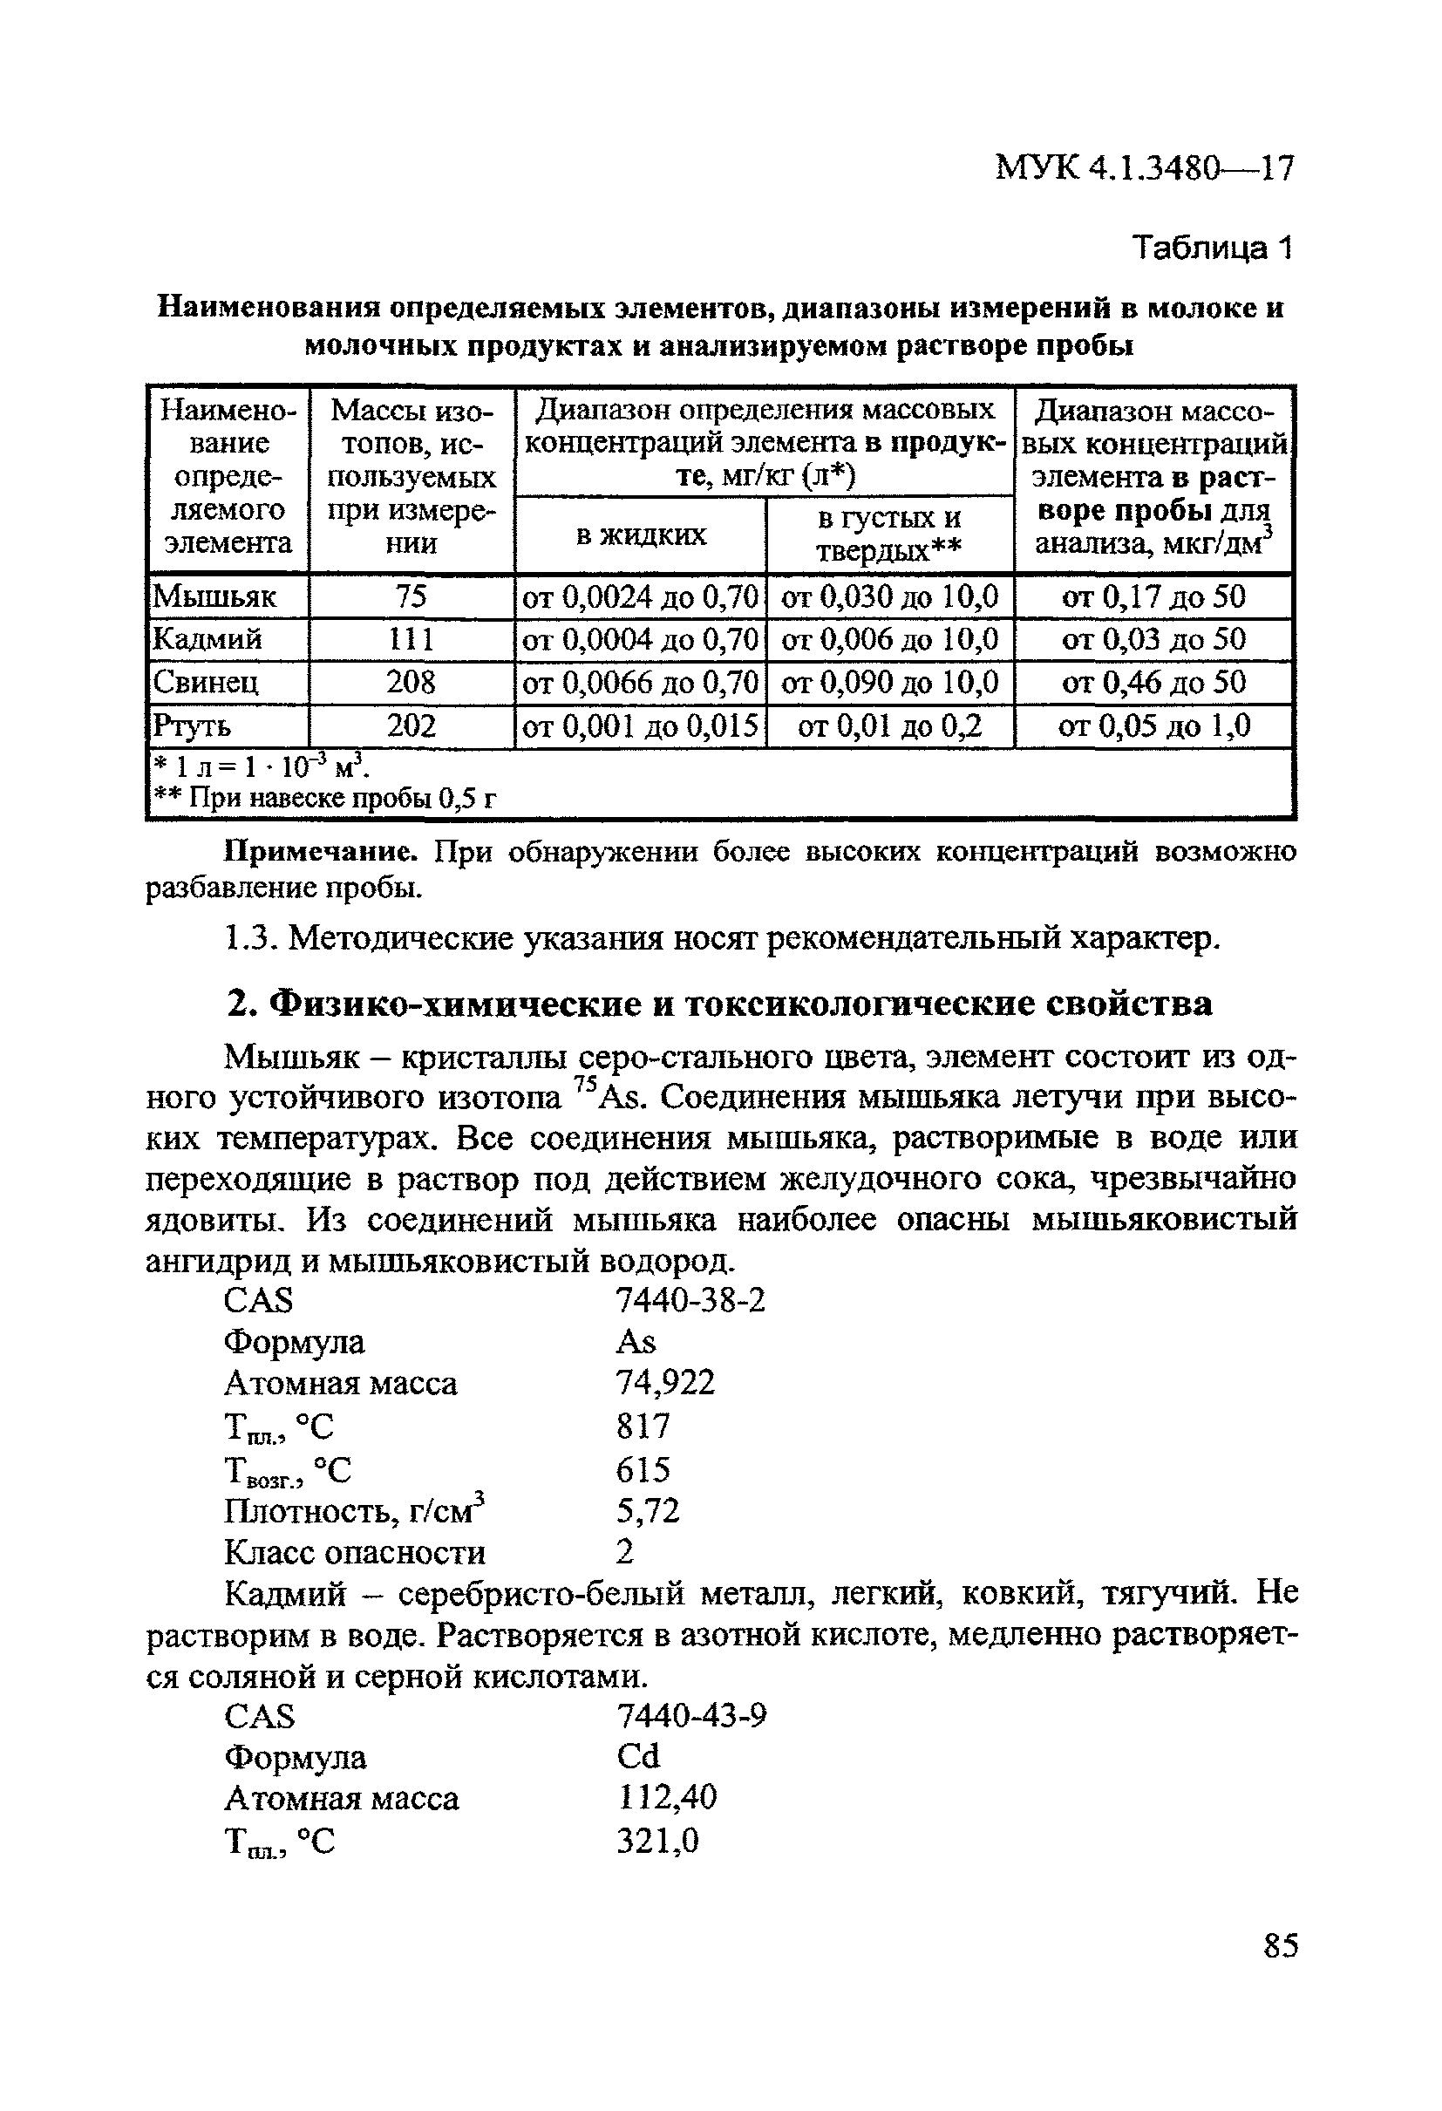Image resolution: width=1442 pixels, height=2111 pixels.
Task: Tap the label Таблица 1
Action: [x=1211, y=247]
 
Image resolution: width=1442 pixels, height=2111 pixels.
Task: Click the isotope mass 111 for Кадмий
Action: [x=411, y=639]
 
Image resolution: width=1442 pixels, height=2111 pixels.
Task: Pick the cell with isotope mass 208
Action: [x=411, y=682]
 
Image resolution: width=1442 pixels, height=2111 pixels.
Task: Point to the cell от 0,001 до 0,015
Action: [x=639, y=725]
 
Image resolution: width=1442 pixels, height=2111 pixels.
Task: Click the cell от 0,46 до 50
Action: [x=1153, y=682]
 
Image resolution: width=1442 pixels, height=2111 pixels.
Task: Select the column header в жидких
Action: [x=640, y=535]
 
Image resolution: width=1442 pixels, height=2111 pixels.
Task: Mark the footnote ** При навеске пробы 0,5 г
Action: [x=324, y=799]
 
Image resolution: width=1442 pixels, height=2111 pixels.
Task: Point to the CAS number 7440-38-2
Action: [x=690, y=1301]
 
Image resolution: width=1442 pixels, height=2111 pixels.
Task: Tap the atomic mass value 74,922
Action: [x=665, y=1383]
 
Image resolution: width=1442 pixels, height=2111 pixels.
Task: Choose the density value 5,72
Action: [x=648, y=1510]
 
